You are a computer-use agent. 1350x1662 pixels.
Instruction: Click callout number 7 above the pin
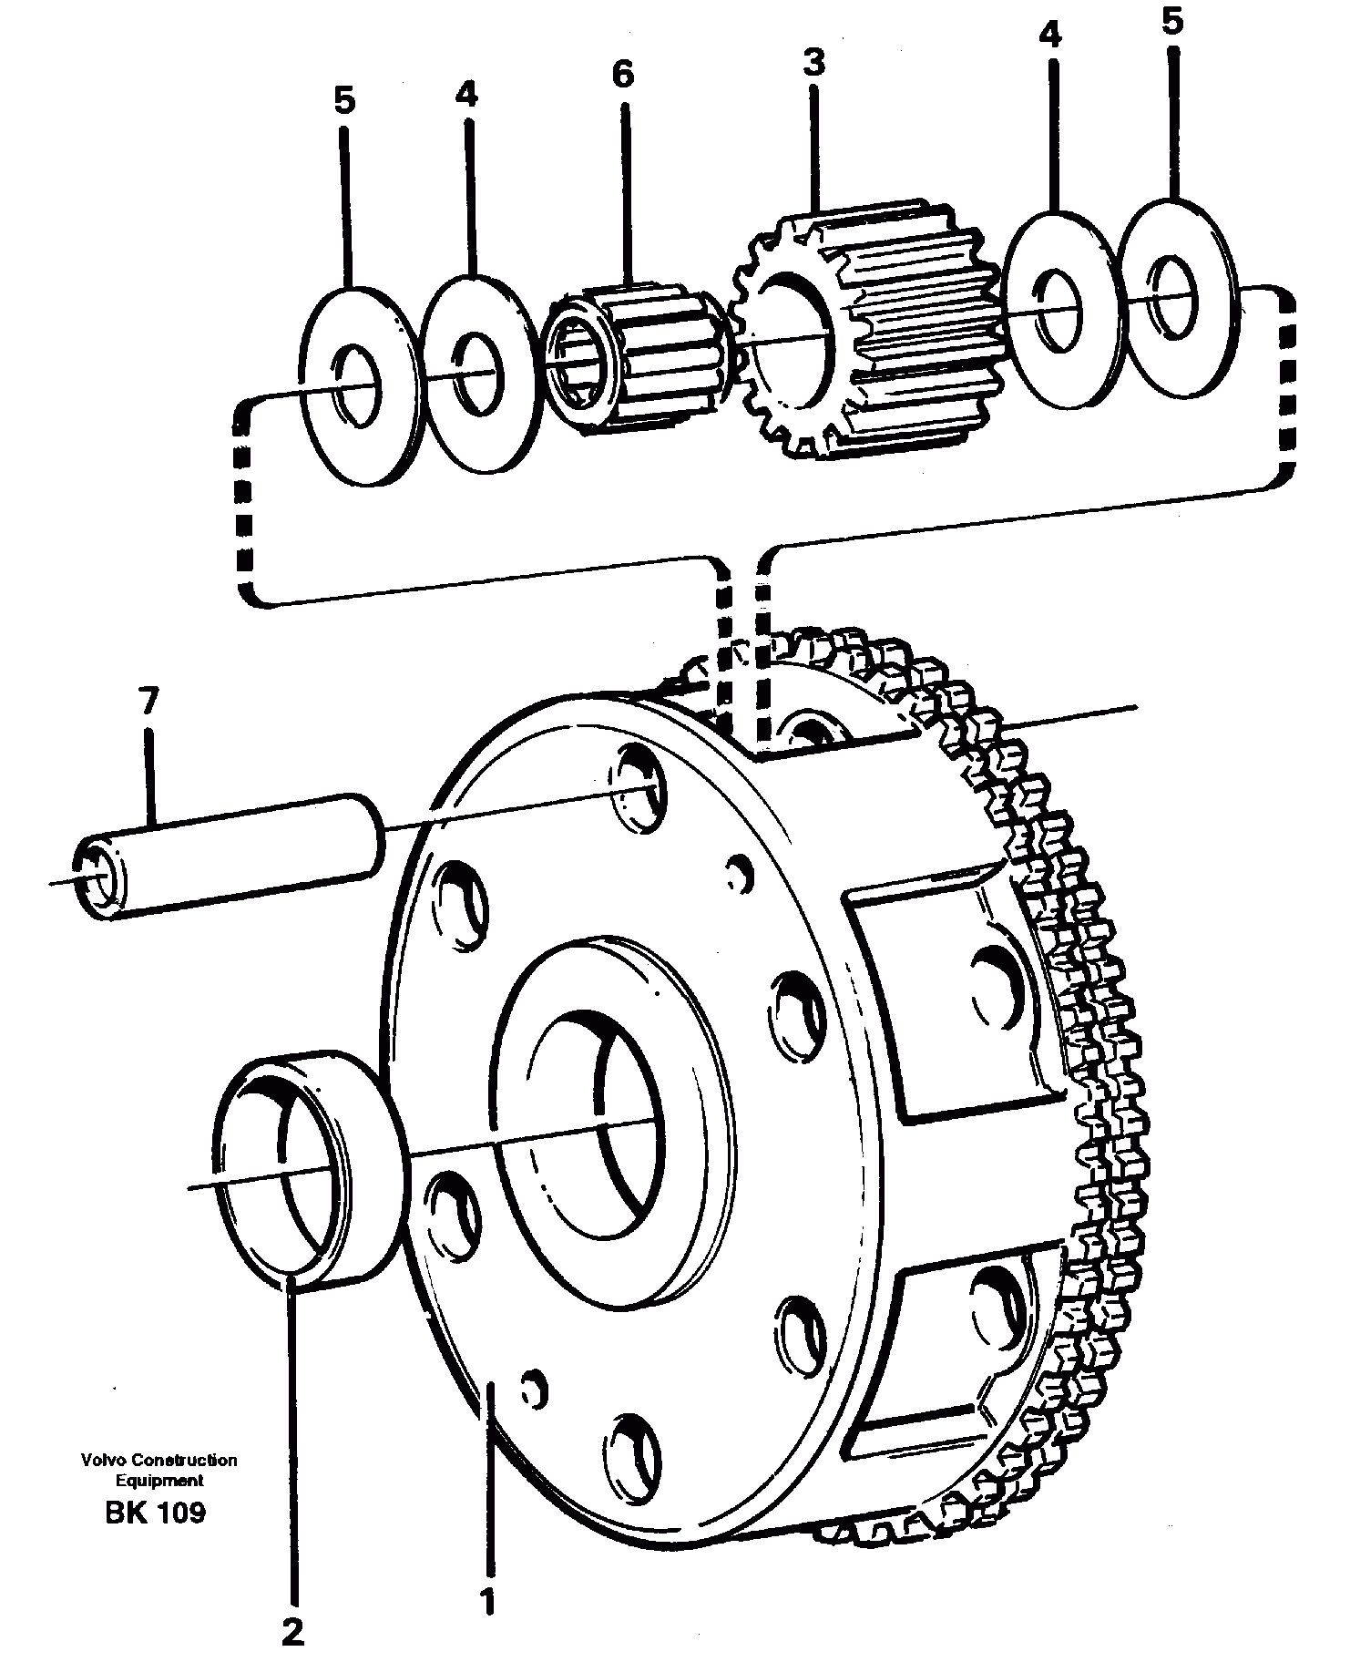148,703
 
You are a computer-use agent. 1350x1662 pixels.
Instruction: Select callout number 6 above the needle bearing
622,75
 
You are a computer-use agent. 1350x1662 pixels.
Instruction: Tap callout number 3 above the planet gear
813,63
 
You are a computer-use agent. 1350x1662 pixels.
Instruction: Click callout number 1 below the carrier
488,1600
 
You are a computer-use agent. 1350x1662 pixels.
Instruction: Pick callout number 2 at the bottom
292,1632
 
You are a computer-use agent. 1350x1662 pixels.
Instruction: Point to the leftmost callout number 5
343,101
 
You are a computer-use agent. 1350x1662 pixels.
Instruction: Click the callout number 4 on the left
466,95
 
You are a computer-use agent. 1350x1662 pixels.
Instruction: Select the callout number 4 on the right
1050,36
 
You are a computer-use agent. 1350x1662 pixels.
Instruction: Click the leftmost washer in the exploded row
360,387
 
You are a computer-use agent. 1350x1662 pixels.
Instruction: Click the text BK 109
155,1513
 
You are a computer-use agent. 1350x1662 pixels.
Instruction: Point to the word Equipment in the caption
159,1482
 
